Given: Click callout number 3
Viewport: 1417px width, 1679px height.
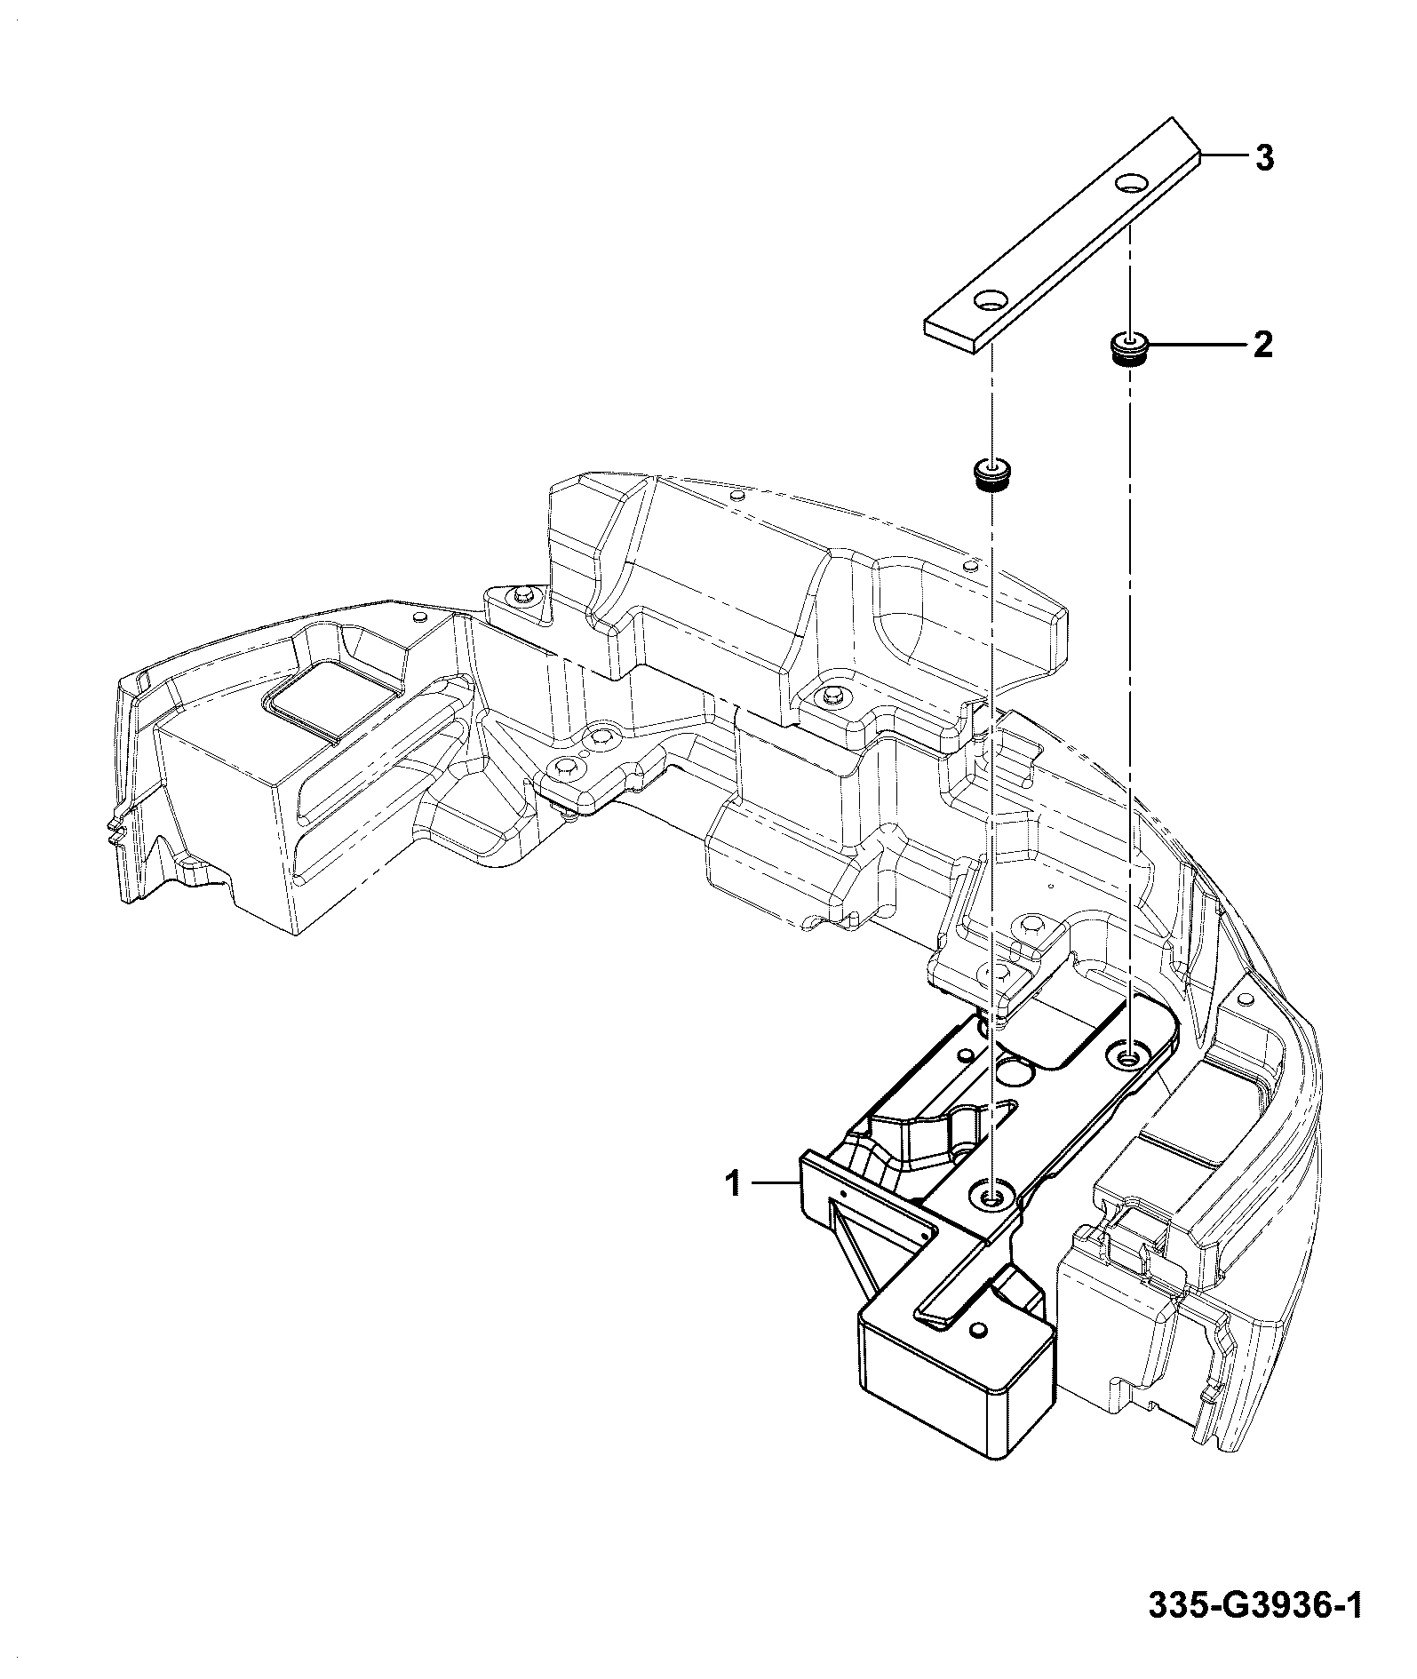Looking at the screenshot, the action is point(1263,159).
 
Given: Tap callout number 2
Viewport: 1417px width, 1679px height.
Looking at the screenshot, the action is point(1262,345).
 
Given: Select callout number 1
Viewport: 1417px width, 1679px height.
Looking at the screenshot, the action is point(734,1184).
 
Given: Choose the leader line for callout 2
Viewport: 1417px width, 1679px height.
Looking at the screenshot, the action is point(1195,343).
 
